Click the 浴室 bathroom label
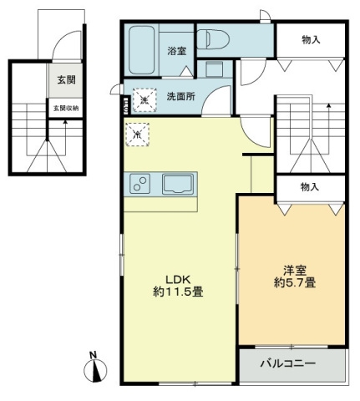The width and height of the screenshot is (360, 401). pyautogui.click(x=175, y=50)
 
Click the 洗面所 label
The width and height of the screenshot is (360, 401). pyautogui.click(x=180, y=96)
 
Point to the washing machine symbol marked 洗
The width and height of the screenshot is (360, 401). pyautogui.click(x=144, y=99)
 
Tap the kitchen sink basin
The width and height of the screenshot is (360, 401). pyautogui.click(x=177, y=183)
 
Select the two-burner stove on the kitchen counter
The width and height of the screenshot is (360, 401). pyautogui.click(x=139, y=182)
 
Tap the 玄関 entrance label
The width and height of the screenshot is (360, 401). pyautogui.click(x=65, y=79)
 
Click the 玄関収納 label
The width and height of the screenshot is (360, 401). pyautogui.click(x=65, y=109)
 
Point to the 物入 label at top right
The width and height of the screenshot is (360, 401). pyautogui.click(x=310, y=39)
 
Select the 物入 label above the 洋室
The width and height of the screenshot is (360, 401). pyautogui.click(x=310, y=187)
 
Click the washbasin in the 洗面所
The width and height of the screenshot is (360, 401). pyautogui.click(x=214, y=69)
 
